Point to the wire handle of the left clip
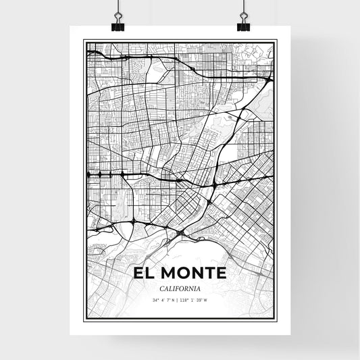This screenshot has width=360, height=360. click(x=118, y=13)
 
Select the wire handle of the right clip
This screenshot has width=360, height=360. click(x=242, y=13)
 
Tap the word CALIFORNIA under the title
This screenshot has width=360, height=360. click(x=180, y=289)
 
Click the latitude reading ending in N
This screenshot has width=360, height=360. click(x=164, y=300)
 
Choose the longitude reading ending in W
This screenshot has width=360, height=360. click(x=197, y=300)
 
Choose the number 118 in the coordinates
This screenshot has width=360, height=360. click(x=186, y=300)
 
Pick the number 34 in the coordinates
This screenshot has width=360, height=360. click(x=155, y=300)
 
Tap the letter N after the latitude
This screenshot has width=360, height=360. click(x=174, y=300)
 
